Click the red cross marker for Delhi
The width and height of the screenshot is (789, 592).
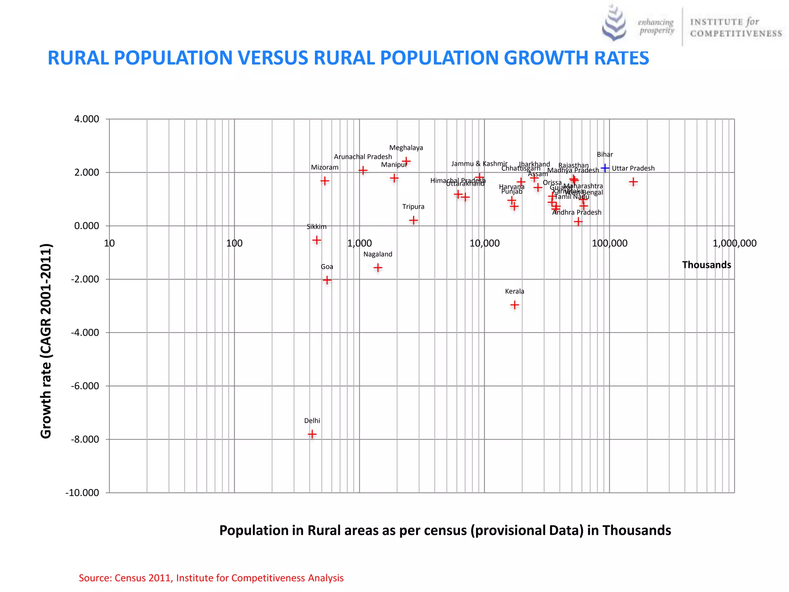(312, 434)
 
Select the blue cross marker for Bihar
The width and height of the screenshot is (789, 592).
(605, 168)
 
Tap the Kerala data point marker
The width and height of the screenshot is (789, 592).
(514, 305)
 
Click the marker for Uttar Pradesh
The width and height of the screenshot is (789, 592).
(633, 182)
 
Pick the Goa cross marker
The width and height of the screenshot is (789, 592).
(327, 280)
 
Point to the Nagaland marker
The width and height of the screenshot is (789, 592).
(378, 267)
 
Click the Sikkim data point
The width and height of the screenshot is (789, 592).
(317, 240)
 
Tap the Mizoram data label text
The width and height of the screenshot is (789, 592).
(325, 167)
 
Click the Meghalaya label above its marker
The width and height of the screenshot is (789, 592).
(406, 148)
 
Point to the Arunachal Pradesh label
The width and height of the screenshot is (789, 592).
(363, 157)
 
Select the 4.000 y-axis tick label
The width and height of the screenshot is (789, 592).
(87, 119)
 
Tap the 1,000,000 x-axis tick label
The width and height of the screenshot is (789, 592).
(734, 243)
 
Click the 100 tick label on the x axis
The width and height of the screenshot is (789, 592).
(234, 243)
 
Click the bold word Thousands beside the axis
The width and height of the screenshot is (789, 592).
(706, 265)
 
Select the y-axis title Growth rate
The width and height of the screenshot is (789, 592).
(46, 341)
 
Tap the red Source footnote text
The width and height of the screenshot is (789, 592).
(211, 578)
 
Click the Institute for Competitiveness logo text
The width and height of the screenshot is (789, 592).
(736, 28)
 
